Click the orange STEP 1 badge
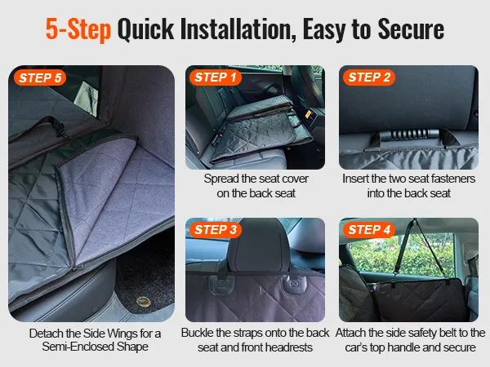tap(216, 77)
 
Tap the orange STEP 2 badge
tap(369, 77)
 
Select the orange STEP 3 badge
tap(216, 230)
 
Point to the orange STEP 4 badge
tap(369, 230)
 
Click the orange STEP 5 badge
tap(40, 77)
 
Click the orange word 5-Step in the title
tap(78, 29)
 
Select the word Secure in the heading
tap(411, 29)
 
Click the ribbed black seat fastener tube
tap(409, 135)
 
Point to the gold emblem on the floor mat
tap(144, 302)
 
